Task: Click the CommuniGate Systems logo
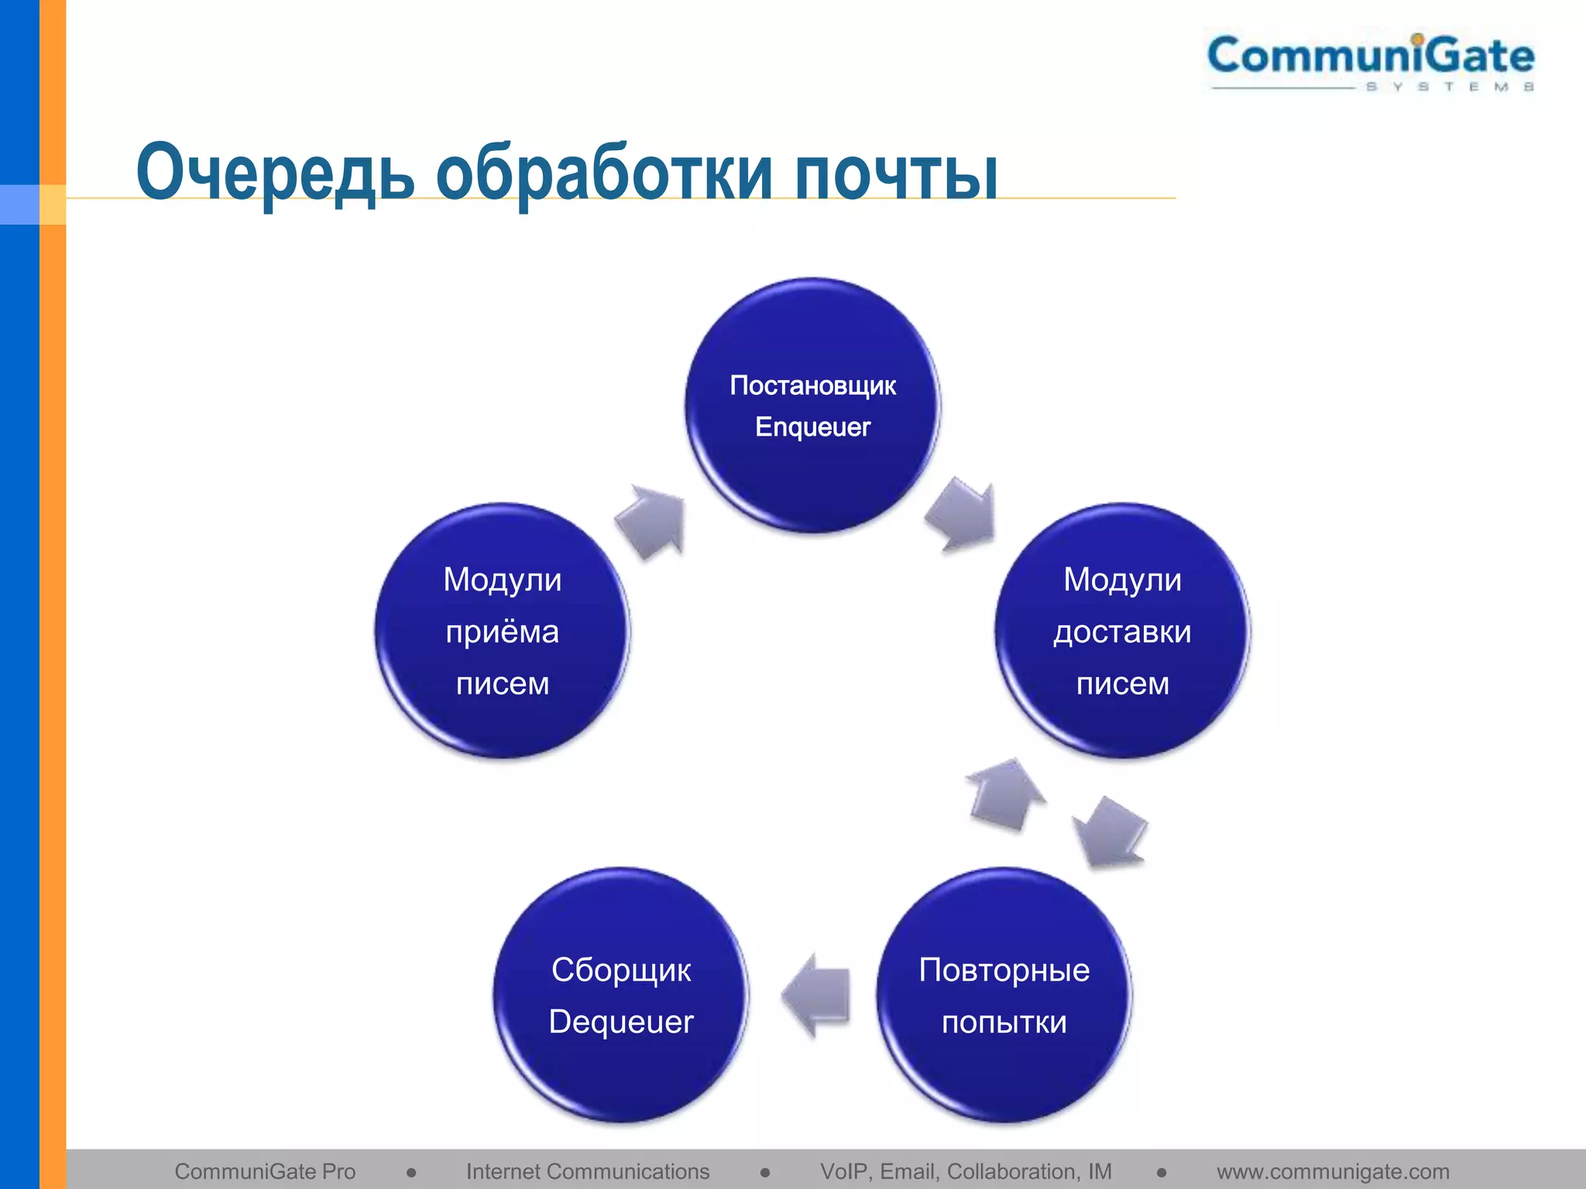coord(1370,62)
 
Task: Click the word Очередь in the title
coord(276,172)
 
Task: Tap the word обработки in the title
coord(604,172)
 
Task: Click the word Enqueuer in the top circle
coord(812,427)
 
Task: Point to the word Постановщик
coord(812,385)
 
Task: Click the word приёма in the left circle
coord(502,632)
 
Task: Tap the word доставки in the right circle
coord(1122,632)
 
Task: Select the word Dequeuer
coord(621,1022)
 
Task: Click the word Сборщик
coord(621,970)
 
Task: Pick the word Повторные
coord(1004,970)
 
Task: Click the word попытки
coord(1004,1023)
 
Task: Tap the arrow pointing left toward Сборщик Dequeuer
coord(817,995)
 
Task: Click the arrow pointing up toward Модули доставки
coord(1005,795)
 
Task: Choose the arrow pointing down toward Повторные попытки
coord(1109,832)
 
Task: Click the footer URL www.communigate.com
coord(1333,1171)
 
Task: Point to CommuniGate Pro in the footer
coord(265,1171)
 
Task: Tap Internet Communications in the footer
coord(587,1171)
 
